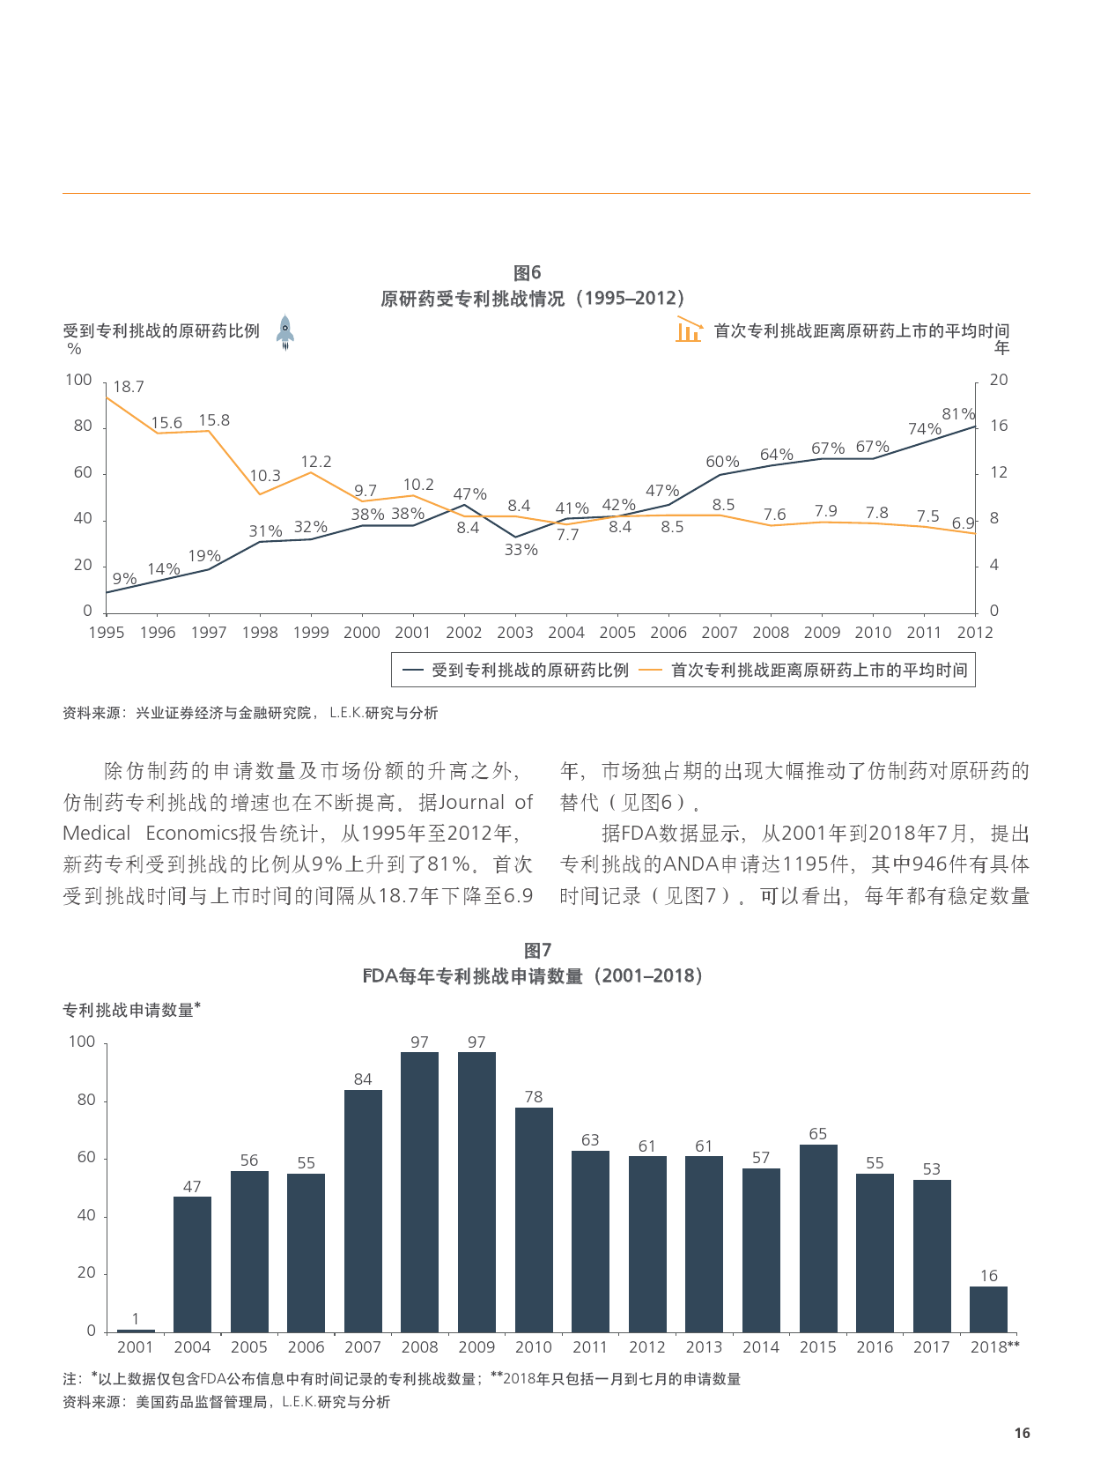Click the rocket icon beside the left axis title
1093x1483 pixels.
[284, 332]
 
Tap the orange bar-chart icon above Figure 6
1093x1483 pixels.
[689, 330]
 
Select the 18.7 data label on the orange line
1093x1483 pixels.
[129, 387]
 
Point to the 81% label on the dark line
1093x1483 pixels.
[958, 414]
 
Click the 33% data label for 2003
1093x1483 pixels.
[521, 550]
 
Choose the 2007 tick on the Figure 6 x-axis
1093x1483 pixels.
[720, 633]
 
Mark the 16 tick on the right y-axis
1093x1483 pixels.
[999, 426]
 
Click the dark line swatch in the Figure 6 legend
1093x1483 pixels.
[413, 671]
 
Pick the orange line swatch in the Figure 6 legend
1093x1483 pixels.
[650, 671]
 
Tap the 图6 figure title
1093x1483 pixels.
[527, 273]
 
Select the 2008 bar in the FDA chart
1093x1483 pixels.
[419, 1191]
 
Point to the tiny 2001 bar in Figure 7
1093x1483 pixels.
[136, 1331]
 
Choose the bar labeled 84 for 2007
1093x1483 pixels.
[363, 1210]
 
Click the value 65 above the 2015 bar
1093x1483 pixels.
[817, 1134]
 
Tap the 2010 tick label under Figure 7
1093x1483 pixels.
[533, 1347]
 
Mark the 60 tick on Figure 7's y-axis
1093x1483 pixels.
[86, 1158]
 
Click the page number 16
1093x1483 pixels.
[1022, 1434]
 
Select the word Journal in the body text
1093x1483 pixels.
[471, 803]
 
